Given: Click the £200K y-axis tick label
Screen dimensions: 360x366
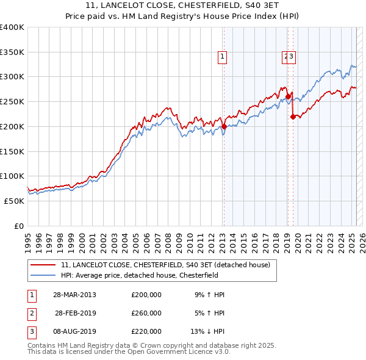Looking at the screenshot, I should pyautogui.click(x=12, y=126).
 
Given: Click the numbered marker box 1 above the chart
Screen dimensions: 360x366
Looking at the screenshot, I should pyautogui.click(x=223, y=57).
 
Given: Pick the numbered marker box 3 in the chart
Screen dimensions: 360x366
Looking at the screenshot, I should pyautogui.click(x=292, y=57).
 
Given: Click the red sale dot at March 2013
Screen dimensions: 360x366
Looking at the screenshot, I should pyautogui.click(x=224, y=126).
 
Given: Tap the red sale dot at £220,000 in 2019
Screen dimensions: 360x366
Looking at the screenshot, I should pyautogui.click(x=293, y=117).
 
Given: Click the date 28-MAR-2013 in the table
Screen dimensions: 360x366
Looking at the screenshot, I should pyautogui.click(x=74, y=295).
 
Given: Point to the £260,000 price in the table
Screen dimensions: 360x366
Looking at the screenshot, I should pyautogui.click(x=146, y=313).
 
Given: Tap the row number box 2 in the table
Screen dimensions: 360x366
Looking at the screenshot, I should pyautogui.click(x=31, y=313).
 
